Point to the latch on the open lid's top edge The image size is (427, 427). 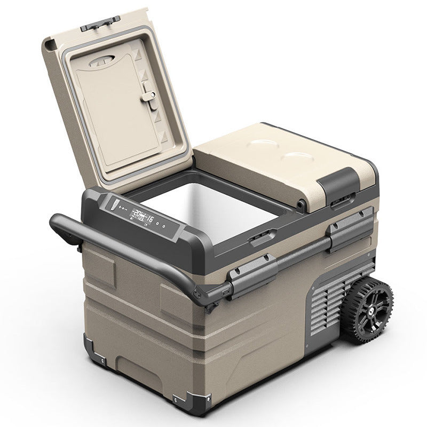point(100,21)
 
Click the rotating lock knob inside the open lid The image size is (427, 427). point(150,96)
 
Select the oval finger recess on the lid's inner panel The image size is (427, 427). point(107,60)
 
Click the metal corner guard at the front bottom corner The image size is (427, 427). point(197,403)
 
